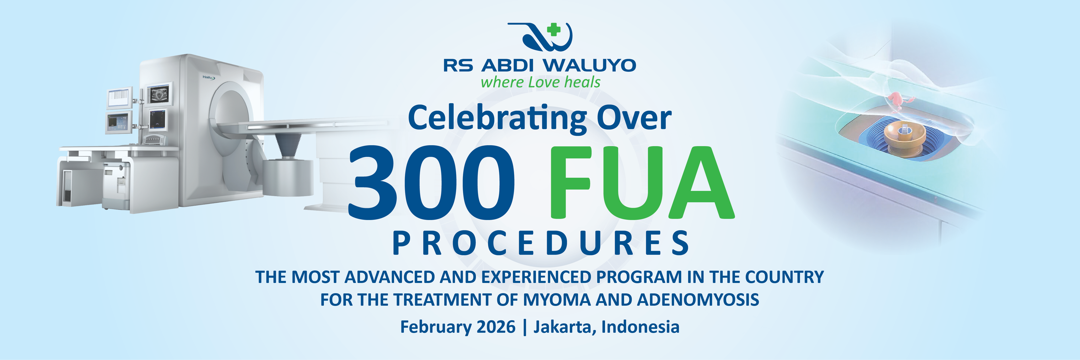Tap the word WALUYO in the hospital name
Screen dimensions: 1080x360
tap(590, 65)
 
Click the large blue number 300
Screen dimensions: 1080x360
tap(431, 182)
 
